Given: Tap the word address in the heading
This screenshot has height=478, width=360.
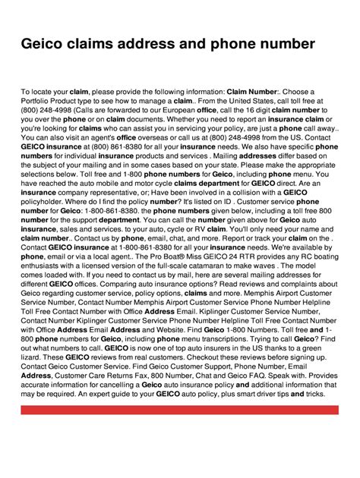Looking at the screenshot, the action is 173,44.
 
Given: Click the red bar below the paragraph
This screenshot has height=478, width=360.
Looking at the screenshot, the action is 180,432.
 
